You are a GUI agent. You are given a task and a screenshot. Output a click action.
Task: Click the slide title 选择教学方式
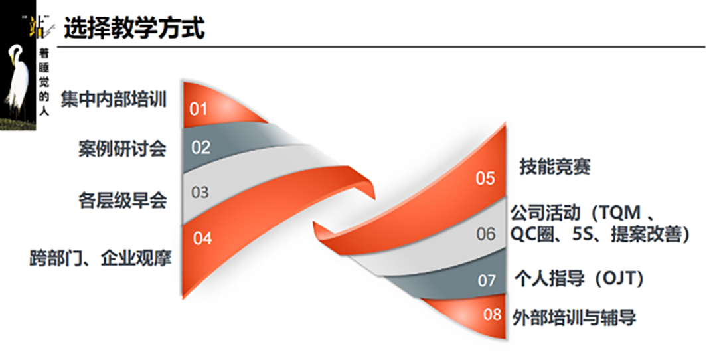[134, 28]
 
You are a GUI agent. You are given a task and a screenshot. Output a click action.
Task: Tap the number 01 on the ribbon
[199, 109]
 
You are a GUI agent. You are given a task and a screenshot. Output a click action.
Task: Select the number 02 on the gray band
[200, 147]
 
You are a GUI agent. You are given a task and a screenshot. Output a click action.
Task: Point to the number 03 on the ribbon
[200, 192]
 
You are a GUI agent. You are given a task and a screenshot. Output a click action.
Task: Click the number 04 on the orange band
[202, 238]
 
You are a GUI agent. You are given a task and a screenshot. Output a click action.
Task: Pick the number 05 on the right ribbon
[485, 178]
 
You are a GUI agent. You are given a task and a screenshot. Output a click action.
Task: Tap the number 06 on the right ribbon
[485, 234]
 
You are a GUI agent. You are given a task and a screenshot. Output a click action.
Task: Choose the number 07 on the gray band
[487, 280]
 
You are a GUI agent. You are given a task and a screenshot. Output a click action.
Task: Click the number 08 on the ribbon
[493, 314]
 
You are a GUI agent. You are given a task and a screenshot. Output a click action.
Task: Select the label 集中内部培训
[114, 99]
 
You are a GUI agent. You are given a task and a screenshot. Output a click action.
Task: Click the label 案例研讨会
[122, 149]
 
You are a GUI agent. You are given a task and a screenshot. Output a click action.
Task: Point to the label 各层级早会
[122, 201]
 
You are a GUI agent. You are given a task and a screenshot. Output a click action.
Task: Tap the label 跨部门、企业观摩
[101, 258]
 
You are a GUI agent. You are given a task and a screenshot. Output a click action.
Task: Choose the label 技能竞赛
[554, 167]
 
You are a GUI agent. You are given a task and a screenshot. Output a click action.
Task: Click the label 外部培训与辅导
[574, 317]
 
